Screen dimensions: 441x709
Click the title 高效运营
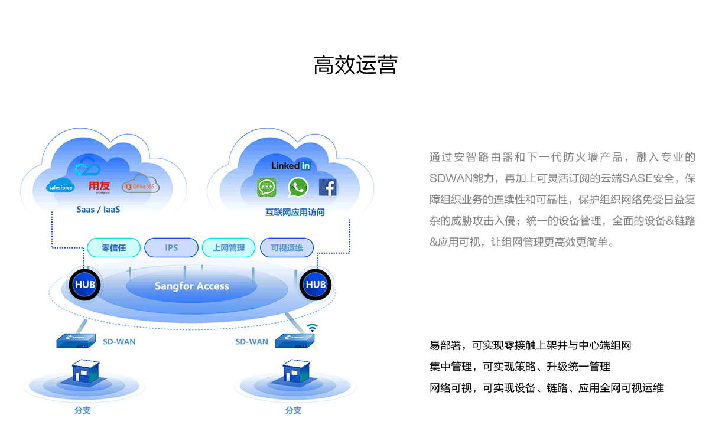tap(355, 65)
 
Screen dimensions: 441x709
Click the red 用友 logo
tap(99, 187)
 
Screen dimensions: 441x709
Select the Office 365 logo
tap(141, 185)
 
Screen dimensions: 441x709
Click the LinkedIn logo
tap(291, 165)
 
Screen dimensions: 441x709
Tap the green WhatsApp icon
tap(298, 188)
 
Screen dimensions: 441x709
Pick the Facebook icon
tap(327, 188)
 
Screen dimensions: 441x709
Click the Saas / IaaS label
tap(98, 209)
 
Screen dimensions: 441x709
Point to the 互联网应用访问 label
tap(295, 212)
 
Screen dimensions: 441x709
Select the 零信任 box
tap(114, 248)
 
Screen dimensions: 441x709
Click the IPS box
tap(171, 248)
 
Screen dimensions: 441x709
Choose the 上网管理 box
tap(229, 248)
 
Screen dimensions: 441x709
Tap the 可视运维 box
tap(287, 248)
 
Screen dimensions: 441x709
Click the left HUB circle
tap(84, 285)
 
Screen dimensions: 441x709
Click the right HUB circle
tap(316, 285)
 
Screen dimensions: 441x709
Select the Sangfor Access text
tap(192, 286)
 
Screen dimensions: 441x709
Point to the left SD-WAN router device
tap(76, 341)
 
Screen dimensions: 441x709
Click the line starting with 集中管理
tap(520, 367)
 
